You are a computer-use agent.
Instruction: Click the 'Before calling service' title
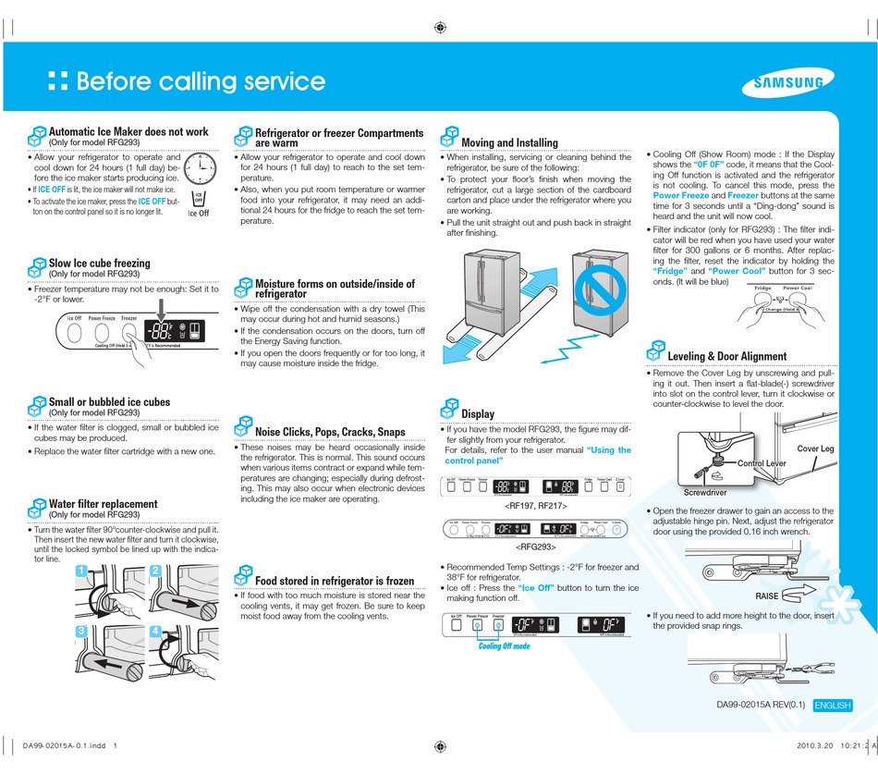pos(200,81)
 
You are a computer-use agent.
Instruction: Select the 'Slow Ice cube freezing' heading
pos(99,264)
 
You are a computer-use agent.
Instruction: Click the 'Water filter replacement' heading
pos(103,504)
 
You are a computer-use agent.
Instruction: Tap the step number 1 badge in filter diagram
pos(81,571)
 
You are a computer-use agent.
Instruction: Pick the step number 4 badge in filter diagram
pos(155,632)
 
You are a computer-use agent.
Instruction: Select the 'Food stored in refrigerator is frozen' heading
pos(334,581)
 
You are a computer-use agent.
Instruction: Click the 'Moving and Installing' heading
pos(509,142)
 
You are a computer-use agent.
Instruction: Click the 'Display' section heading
pos(478,413)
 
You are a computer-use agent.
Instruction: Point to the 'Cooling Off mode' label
pos(504,645)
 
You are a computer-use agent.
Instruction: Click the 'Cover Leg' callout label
pos(815,448)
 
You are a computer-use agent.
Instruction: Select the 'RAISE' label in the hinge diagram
pos(767,596)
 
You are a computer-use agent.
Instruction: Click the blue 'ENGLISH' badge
pos(832,706)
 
